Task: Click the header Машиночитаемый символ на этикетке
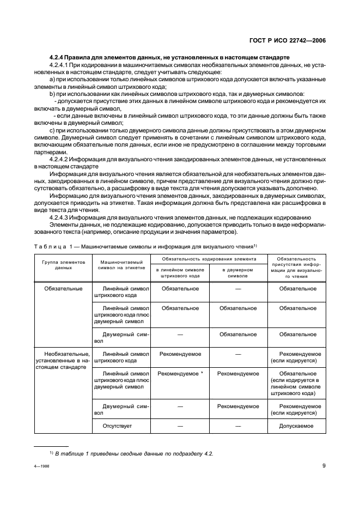pyautogui.click(x=121, y=265)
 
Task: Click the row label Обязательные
pyautogui.click(x=64, y=288)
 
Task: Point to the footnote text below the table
pyautogui.click(x=131, y=453)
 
